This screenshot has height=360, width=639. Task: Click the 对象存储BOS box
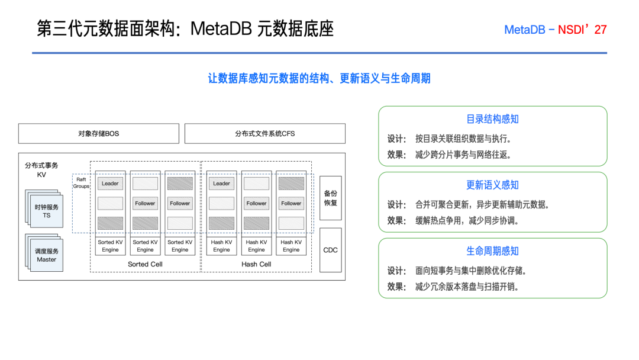(x=99, y=133)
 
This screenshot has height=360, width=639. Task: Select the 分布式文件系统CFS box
(x=265, y=133)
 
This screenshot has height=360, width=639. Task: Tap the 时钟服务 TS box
(x=47, y=211)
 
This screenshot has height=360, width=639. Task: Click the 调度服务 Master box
(x=47, y=255)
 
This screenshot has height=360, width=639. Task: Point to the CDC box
(x=331, y=250)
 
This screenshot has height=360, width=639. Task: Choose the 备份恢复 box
(x=331, y=198)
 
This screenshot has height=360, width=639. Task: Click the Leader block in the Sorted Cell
(x=110, y=184)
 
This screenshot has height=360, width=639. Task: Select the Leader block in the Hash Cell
(x=221, y=184)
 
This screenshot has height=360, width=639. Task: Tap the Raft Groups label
(x=81, y=182)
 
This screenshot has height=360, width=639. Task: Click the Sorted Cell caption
(x=145, y=264)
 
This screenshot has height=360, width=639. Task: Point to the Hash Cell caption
(x=256, y=264)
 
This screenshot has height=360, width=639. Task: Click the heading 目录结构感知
(x=492, y=119)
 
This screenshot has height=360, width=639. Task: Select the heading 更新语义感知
(x=492, y=185)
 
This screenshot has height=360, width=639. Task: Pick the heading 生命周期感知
(x=492, y=251)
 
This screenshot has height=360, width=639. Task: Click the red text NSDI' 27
(x=582, y=30)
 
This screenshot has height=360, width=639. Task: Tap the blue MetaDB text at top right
(x=524, y=30)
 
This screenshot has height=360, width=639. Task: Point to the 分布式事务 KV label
(x=41, y=170)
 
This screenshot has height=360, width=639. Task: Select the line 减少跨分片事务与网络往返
(x=463, y=155)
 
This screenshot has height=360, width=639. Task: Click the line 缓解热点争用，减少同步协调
(x=467, y=221)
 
